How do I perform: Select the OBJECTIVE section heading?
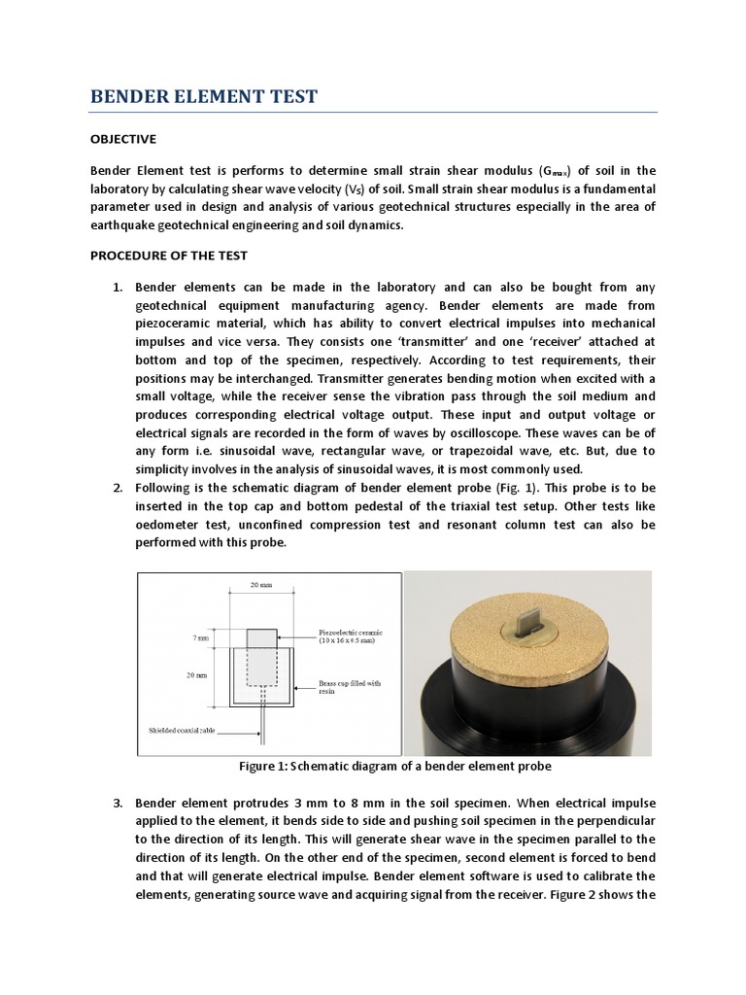click(122, 139)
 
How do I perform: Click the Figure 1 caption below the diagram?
click(395, 767)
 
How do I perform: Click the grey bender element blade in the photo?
click(527, 619)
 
